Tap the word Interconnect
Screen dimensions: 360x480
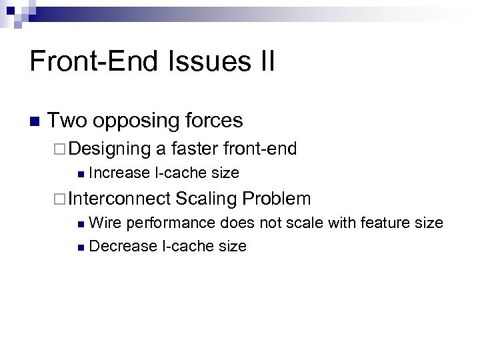coord(119,199)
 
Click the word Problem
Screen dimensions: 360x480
coord(277,199)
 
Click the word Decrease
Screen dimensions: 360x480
coord(123,247)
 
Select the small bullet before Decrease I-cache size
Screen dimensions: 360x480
coord(81,247)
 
